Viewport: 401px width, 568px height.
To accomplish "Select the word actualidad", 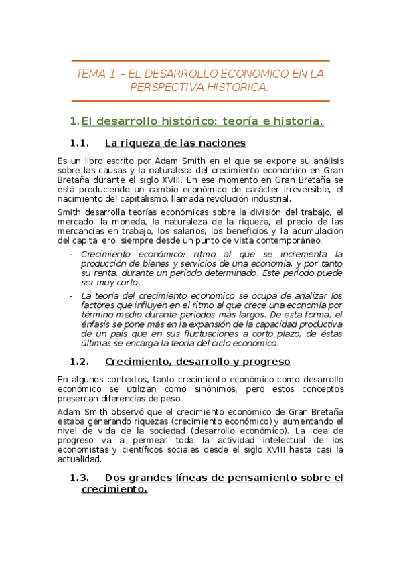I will click(x=79, y=459).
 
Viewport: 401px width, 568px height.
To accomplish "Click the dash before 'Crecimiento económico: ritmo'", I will click(x=72, y=255).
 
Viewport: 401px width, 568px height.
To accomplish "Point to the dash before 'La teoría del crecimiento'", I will click(x=72, y=295).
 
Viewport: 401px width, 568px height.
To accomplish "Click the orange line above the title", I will click(x=200, y=61).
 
